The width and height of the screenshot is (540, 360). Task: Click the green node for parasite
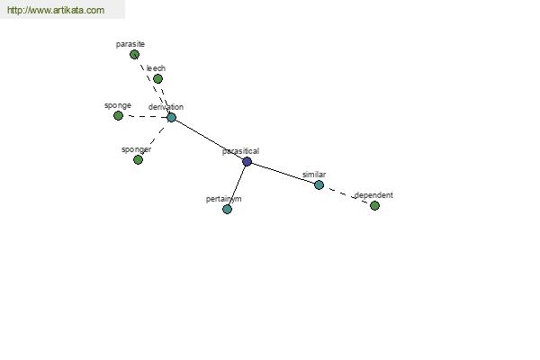tap(134, 54)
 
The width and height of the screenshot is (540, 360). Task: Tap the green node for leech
tap(157, 79)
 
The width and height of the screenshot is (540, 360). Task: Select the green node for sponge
tap(118, 116)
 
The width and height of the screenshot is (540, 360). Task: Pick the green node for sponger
tap(138, 160)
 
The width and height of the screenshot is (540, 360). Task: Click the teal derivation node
tap(171, 118)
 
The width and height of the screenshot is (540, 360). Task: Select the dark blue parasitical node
tap(247, 162)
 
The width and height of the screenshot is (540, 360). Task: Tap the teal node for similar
tap(319, 185)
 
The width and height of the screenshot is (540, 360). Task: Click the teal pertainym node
tap(227, 209)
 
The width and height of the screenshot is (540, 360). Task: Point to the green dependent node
tap(374, 206)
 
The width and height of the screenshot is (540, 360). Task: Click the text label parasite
tap(130, 44)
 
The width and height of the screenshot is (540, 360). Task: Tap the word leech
tap(156, 68)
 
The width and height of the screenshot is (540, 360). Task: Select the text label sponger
tap(137, 150)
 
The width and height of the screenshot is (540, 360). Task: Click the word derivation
tap(166, 107)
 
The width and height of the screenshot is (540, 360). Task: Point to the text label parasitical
tap(240, 151)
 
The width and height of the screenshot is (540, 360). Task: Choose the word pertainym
tap(223, 199)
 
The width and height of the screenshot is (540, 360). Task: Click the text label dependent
tap(373, 195)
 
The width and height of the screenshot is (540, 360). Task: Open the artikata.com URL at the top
tap(56, 10)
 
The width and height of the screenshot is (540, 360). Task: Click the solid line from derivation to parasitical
tap(209, 139)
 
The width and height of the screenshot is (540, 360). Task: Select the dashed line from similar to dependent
tap(346, 195)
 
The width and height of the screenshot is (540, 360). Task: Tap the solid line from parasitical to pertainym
tap(237, 185)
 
